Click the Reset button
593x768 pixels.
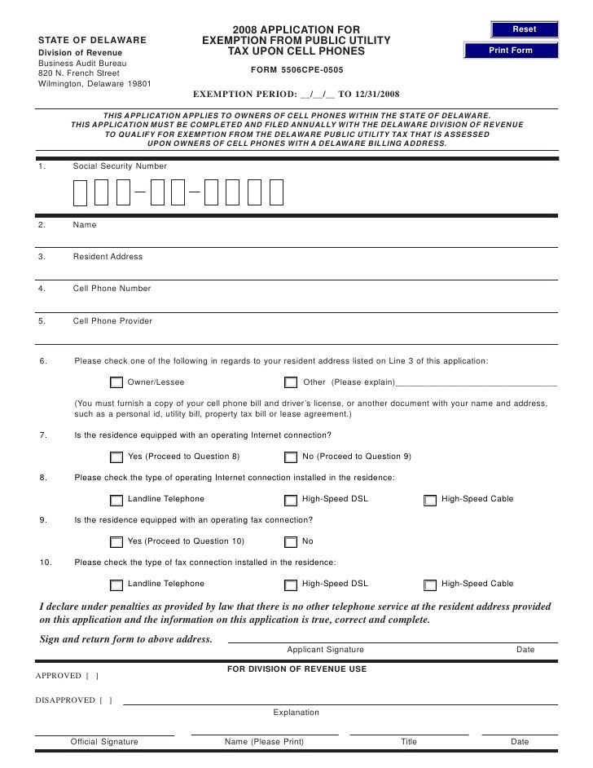click(x=524, y=29)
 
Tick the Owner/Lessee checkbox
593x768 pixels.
click(x=116, y=382)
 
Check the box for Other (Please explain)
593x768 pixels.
click(x=291, y=382)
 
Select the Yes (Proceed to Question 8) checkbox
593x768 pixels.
click(x=116, y=457)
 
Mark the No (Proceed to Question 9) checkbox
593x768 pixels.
click(x=291, y=457)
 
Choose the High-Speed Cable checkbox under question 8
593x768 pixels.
click(x=430, y=500)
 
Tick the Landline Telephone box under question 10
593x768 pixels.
click(x=116, y=585)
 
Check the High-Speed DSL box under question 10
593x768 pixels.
click(x=291, y=585)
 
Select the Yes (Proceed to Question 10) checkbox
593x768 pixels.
click(x=116, y=542)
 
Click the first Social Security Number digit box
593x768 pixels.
click(x=80, y=192)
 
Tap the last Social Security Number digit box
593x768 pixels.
click(x=276, y=192)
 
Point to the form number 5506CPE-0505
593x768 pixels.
click(x=297, y=70)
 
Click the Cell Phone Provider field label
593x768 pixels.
click(x=112, y=321)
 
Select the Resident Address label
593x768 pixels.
click(x=108, y=257)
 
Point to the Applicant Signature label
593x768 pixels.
click(x=325, y=650)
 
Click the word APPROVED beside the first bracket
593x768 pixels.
click(x=59, y=676)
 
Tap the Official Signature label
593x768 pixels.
click(x=104, y=742)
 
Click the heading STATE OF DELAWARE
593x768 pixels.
click(x=93, y=40)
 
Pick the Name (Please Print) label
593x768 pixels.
click(x=264, y=742)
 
